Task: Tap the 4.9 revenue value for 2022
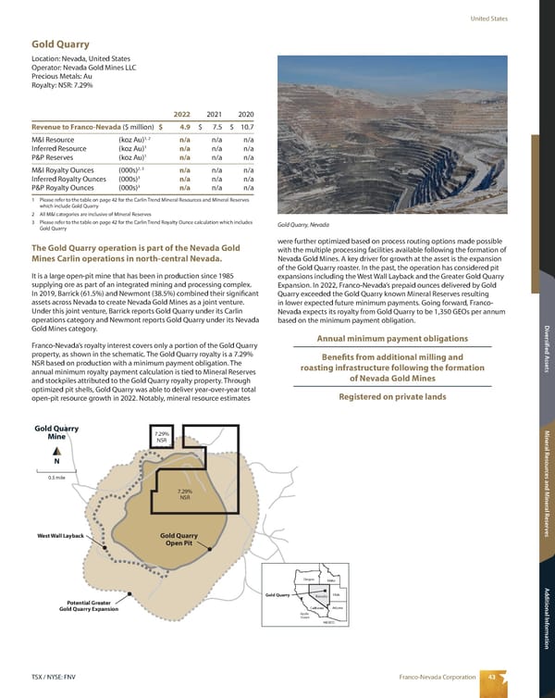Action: tap(184, 127)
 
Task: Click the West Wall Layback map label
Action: tap(61, 537)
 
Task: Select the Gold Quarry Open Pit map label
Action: tap(179, 540)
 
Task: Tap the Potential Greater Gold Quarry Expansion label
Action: tap(91, 605)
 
